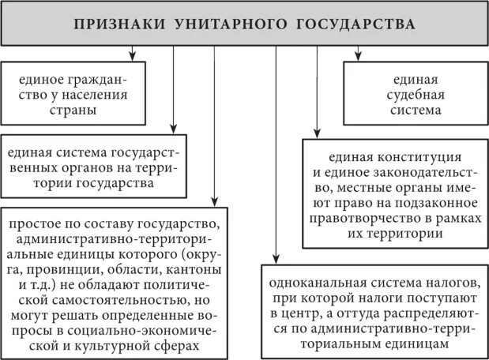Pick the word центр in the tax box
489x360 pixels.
(x=302, y=313)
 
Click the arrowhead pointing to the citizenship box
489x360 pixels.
(x=132, y=58)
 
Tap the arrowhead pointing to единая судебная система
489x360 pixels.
(x=358, y=58)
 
